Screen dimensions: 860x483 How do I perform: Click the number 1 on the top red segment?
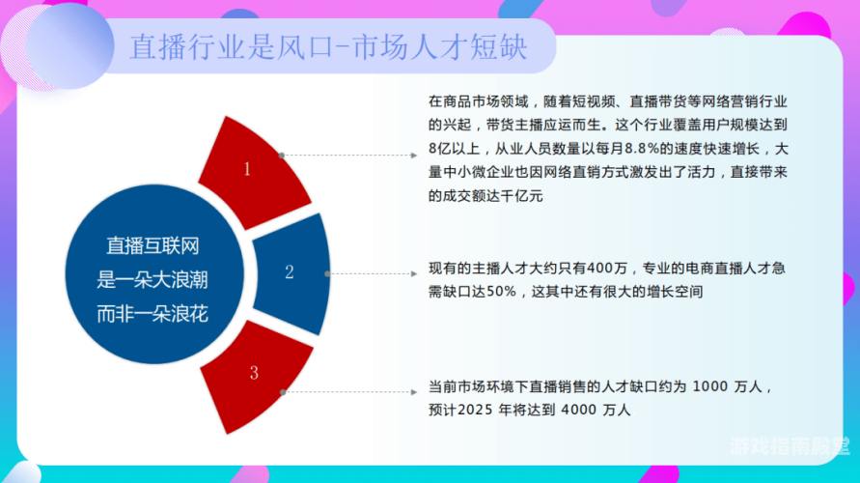(x=247, y=168)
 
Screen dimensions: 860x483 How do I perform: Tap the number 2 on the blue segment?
(x=289, y=271)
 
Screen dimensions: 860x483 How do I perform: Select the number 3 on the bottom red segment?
(x=254, y=373)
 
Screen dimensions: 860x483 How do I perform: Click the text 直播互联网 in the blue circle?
(x=153, y=246)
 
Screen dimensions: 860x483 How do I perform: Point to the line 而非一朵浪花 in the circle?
(x=153, y=314)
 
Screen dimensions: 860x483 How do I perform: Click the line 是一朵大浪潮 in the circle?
(x=153, y=280)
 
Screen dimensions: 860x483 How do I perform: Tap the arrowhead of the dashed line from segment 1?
(x=414, y=156)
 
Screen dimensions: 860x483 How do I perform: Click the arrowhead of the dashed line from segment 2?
(x=414, y=273)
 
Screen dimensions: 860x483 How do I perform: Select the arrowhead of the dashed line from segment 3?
(x=414, y=392)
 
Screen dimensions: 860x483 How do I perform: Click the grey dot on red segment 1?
(x=282, y=156)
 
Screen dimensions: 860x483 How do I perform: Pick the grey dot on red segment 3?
(x=283, y=392)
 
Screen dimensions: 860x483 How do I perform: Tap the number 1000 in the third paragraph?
(x=710, y=386)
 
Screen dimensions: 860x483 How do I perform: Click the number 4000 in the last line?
(x=579, y=410)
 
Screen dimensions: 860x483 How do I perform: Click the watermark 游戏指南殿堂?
(x=790, y=446)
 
